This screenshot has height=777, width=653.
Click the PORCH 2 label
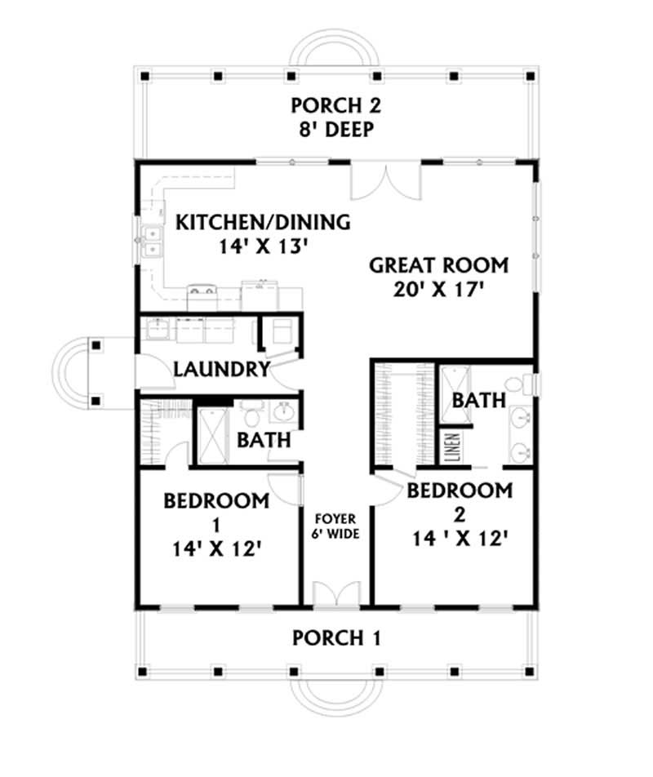coord(335,106)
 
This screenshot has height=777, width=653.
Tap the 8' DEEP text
coord(335,131)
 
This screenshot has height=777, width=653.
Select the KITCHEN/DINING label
coord(264,221)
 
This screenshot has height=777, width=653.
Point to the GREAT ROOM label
coord(439,265)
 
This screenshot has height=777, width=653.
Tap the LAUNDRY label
coord(221,370)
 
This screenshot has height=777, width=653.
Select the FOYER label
coord(335,517)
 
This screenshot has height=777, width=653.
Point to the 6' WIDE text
coord(335,535)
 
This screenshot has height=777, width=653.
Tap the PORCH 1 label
coord(335,637)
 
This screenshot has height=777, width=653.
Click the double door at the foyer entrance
coord(335,594)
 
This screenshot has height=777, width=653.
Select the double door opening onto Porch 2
coord(386,181)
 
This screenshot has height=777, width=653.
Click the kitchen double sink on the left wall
coord(151,241)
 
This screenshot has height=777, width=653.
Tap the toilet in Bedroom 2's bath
coord(513,384)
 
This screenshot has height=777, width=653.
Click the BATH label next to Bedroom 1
coord(264,440)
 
